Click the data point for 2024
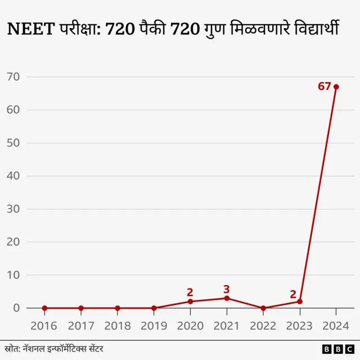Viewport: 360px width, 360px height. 336,87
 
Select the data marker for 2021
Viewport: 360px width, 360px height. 227,298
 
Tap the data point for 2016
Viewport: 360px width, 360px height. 44,308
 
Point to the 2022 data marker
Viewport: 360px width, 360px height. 263,308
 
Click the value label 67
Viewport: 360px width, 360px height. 325,87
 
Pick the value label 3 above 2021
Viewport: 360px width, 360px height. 227,290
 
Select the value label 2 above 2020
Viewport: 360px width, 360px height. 190,292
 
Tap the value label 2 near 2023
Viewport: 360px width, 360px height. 293,294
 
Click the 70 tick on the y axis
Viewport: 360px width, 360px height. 13,76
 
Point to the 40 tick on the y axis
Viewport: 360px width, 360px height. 13,176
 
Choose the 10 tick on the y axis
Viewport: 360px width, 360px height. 13,275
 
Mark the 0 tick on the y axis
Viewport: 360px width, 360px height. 16,308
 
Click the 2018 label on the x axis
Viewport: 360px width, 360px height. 118,326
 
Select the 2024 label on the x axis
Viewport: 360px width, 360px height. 336,326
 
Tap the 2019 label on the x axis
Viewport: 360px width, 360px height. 154,326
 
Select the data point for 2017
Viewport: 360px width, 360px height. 81,308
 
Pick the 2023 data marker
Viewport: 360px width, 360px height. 300,301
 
